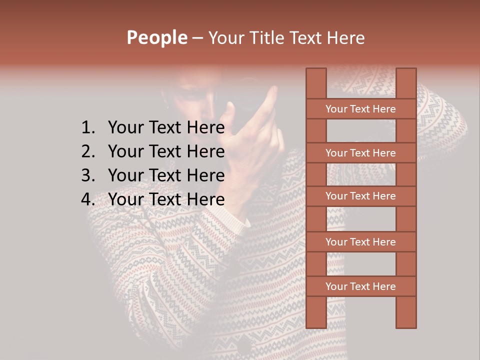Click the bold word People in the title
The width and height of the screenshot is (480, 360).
[156, 38]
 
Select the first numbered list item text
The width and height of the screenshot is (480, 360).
[166, 128]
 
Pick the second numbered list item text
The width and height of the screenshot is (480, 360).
[166, 151]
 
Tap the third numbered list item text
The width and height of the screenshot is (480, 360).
[166, 175]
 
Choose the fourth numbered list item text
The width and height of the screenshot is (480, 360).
[166, 199]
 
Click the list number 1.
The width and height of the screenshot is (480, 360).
[87, 128]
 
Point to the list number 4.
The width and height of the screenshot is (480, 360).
[87, 199]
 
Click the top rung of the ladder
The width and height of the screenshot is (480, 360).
[360, 109]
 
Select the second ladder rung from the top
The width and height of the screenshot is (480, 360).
[360, 153]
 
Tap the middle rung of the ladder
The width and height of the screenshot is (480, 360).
[360, 196]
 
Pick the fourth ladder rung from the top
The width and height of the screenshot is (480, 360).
[360, 242]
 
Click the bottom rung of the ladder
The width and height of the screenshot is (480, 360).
[360, 286]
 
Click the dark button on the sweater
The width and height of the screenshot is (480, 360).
[244, 345]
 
